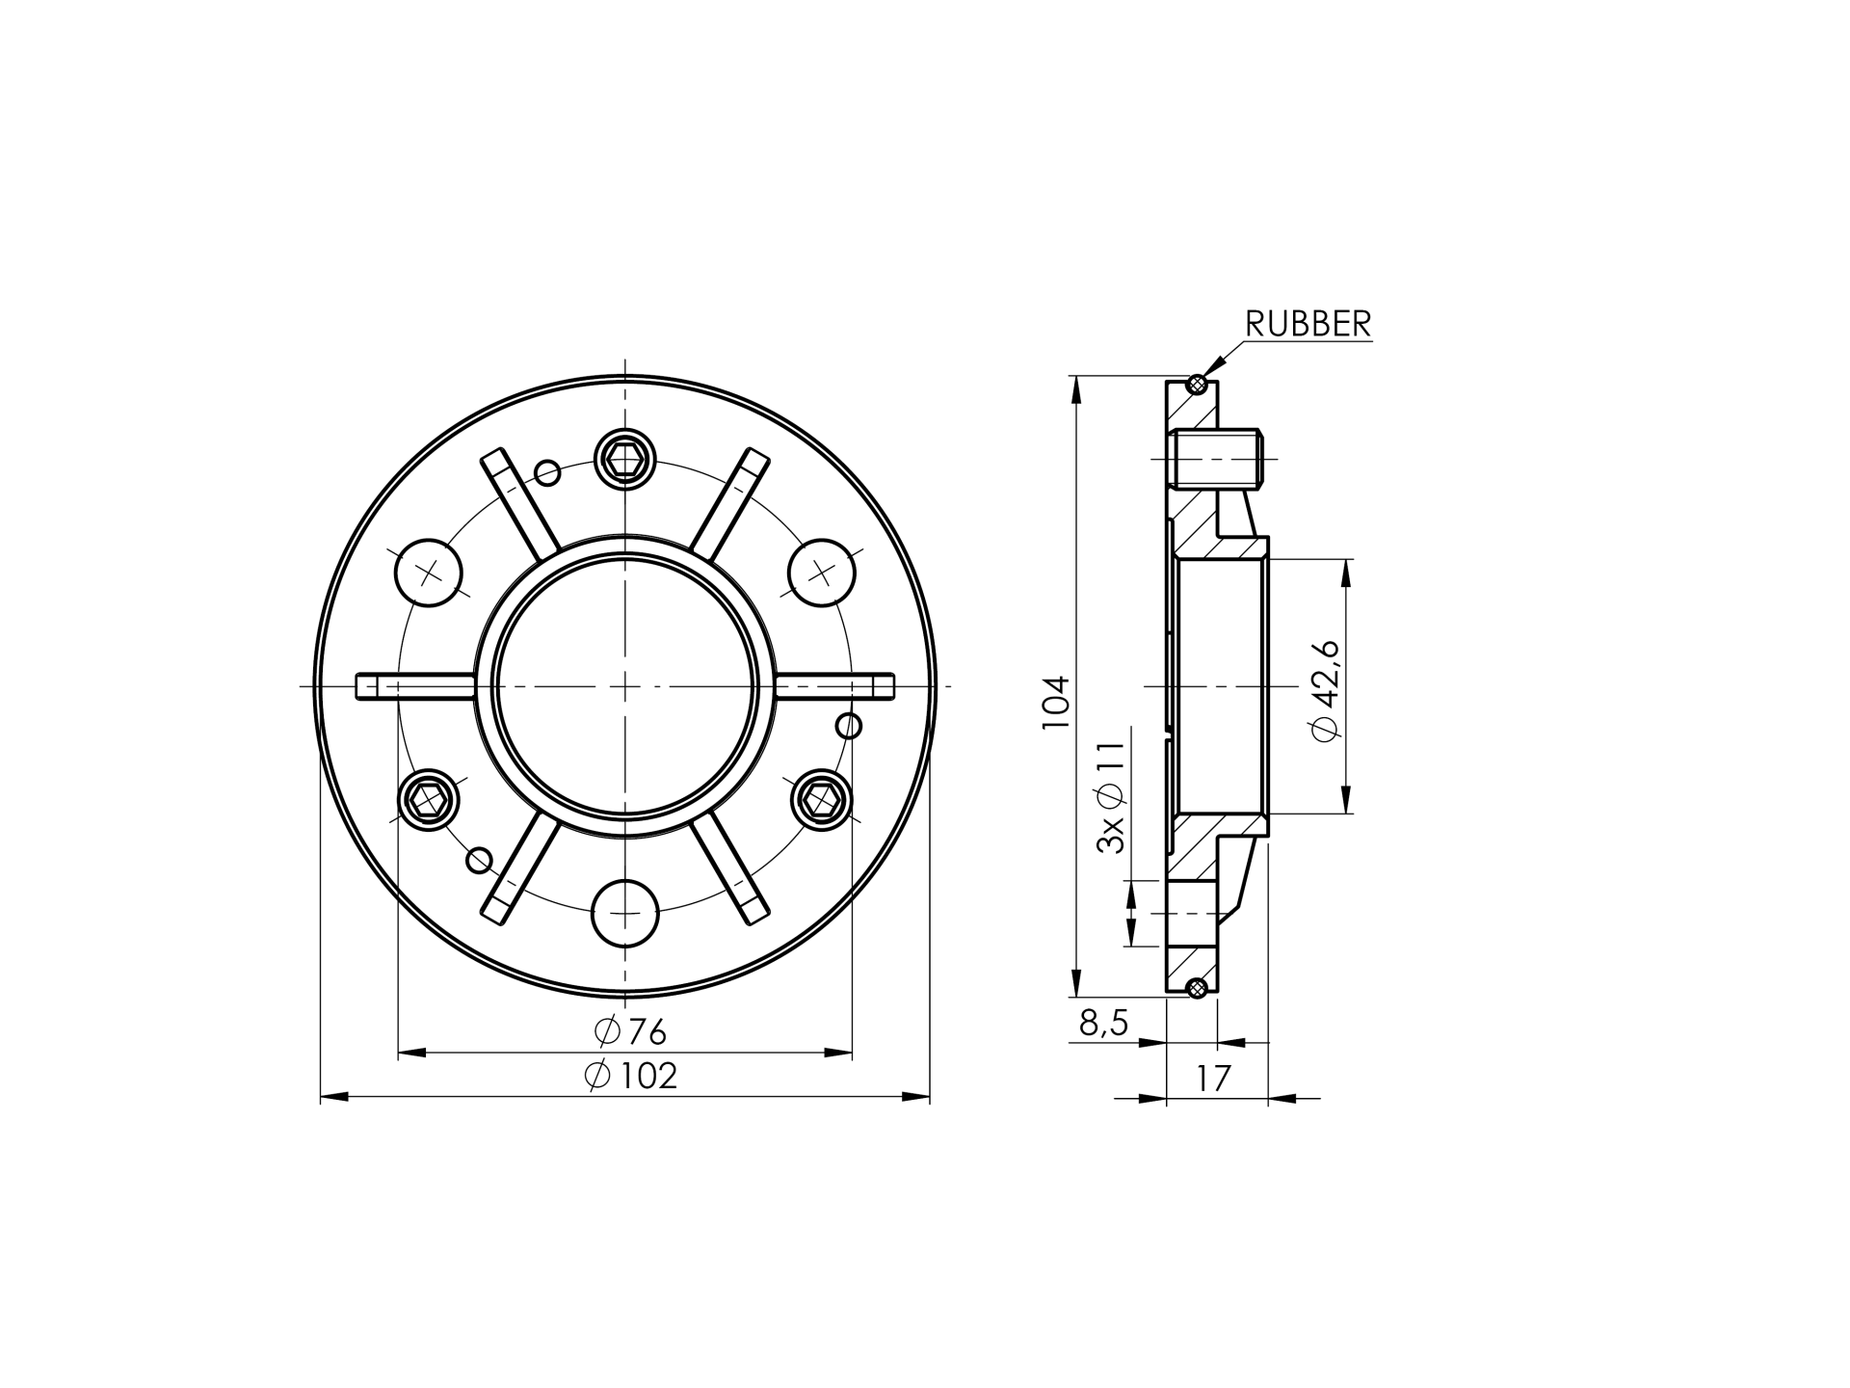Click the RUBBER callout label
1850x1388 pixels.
pyautogui.click(x=1308, y=324)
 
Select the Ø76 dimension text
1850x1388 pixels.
pyautogui.click(x=630, y=1031)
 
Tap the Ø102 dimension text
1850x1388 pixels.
pyautogui.click(x=631, y=1076)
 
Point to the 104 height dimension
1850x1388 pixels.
pyautogui.click(x=1056, y=701)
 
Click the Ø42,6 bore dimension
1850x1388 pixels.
pyautogui.click(x=1325, y=689)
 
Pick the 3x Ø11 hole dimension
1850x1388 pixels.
pyautogui.click(x=1111, y=797)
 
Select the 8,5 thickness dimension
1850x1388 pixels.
pyautogui.click(x=1103, y=1023)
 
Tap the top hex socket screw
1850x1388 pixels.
pyautogui.click(x=625, y=458)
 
